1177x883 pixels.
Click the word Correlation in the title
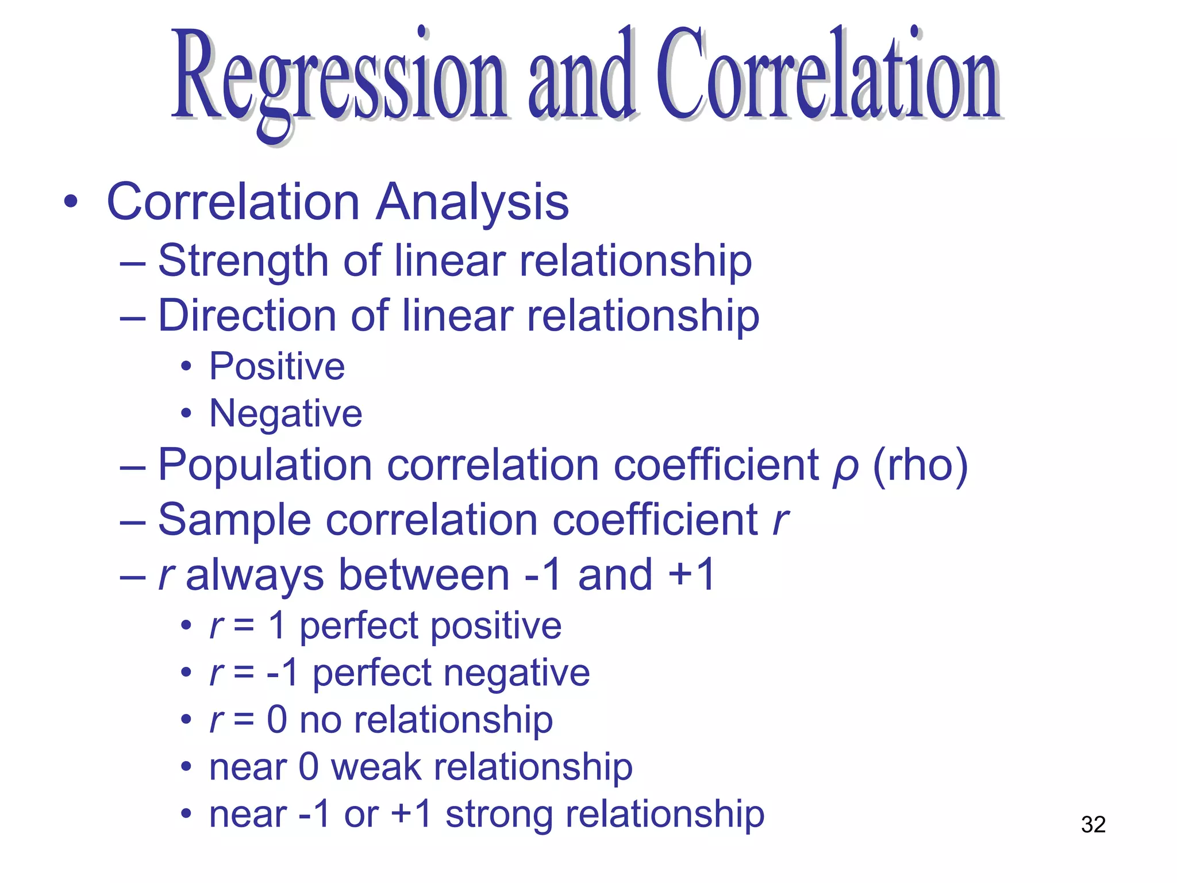tap(828, 75)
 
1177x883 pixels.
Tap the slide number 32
tap(1093, 824)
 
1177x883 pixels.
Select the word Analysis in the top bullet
tap(472, 202)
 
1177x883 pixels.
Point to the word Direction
tap(247, 316)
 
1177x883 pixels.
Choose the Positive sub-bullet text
tap(277, 366)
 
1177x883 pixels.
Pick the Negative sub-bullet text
tap(286, 413)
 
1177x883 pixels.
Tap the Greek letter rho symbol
tap(845, 467)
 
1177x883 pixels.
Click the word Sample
tap(234, 520)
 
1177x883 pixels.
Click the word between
tap(424, 575)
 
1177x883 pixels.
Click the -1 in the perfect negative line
tap(283, 673)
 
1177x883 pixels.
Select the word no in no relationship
tap(321, 720)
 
